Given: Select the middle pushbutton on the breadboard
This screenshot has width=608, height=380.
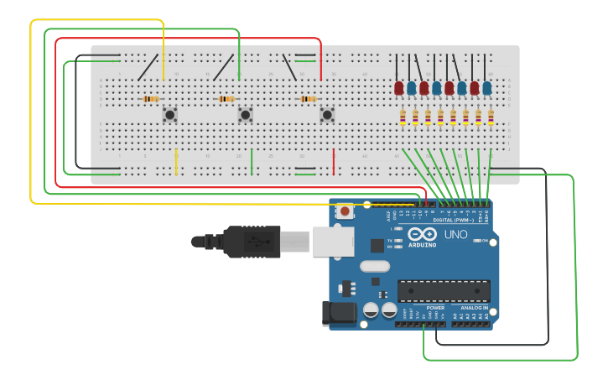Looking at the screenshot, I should [246, 114].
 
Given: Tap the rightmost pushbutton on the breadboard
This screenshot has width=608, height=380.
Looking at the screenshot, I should [327, 114].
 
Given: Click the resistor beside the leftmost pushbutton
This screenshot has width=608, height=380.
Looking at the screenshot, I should [151, 99].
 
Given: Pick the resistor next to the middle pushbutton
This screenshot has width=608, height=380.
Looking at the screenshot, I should [226, 99].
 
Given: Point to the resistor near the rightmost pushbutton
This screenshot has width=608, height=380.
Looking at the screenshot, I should [308, 99].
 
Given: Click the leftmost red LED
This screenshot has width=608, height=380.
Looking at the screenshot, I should [399, 87].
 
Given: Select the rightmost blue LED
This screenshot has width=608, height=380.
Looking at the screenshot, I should [487, 87].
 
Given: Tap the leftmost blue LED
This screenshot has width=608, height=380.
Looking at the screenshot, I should [412, 87].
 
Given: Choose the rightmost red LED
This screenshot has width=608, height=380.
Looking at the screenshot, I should [475, 87].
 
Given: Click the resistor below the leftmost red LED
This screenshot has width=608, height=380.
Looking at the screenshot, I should [403, 117].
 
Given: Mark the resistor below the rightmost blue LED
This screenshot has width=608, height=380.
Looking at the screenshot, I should [491, 117].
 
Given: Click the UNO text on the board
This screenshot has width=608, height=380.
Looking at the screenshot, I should [455, 235].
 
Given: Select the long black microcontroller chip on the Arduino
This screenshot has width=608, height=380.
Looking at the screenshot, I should [444, 290].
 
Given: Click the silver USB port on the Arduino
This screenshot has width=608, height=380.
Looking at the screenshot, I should [334, 241].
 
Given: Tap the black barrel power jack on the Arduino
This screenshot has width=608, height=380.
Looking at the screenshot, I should [338, 314].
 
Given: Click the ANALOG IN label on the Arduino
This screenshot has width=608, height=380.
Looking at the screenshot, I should [472, 307].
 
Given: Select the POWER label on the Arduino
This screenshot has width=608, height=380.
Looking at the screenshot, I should [435, 307].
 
